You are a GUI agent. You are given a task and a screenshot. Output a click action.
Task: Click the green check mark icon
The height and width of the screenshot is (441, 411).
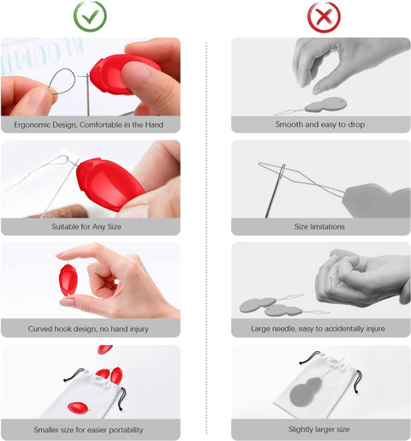pos(91,16)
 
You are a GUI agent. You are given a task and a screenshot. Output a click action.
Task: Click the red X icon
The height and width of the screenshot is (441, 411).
pos(324,16)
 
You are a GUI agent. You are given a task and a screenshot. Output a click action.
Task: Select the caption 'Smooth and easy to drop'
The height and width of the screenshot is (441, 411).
pos(320,124)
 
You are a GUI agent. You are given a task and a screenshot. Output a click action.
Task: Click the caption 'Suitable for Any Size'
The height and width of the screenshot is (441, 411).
pos(86,227)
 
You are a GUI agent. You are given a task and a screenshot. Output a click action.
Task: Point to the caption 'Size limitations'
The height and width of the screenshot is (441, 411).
pos(319,227)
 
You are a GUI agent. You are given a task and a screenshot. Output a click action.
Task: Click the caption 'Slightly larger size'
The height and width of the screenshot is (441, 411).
pos(319,429)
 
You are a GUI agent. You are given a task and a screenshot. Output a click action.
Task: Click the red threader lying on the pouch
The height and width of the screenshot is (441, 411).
pos(78,408)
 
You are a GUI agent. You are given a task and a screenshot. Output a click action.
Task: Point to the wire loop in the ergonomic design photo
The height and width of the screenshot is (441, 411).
pos(63,81)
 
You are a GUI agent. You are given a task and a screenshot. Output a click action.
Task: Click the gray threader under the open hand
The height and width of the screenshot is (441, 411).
pos(325,104)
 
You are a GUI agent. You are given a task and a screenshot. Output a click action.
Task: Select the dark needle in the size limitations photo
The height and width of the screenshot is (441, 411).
pos(274,191)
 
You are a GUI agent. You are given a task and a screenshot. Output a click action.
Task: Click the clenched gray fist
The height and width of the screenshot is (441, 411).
pos(363,277)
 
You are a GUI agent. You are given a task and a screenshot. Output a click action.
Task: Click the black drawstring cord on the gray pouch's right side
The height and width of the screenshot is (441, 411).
pos(359,381)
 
